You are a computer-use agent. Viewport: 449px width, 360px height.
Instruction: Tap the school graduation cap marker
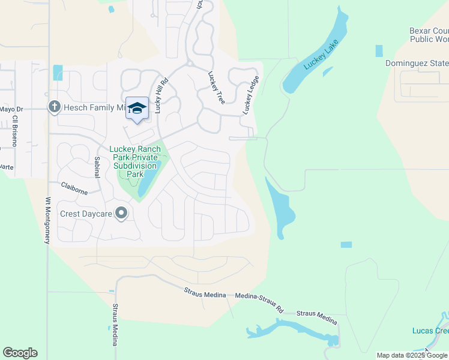137,109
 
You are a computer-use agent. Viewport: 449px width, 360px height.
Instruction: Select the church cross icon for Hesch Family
54,107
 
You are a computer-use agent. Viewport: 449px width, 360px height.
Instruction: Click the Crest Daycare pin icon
121,213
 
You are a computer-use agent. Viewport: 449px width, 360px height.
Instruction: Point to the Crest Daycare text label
86,214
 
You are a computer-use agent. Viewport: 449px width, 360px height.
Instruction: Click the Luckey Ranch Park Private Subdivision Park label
134,161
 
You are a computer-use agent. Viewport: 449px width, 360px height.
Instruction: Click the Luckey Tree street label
216,88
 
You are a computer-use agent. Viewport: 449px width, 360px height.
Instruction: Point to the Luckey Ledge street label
251,95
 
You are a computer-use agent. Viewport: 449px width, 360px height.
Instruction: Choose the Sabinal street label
97,167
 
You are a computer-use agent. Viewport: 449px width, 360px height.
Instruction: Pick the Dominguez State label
417,63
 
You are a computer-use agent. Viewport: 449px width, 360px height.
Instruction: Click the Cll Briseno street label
15,131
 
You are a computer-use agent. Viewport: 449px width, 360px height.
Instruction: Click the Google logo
20,353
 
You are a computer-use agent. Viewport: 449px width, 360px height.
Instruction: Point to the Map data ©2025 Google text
412,355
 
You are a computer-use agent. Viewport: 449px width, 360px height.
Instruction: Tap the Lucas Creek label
430,331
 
